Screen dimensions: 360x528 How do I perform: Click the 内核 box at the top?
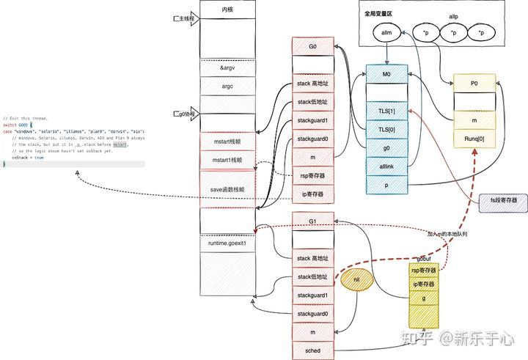point(227,10)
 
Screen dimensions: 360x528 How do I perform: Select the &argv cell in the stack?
point(227,67)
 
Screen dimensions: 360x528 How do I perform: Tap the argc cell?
point(227,86)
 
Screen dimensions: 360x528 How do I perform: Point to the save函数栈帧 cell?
point(227,189)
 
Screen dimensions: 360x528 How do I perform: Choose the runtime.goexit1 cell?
point(227,242)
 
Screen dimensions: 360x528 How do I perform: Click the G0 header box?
point(312,45)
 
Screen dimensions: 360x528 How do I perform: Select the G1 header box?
point(312,221)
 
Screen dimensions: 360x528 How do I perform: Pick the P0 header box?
point(474,84)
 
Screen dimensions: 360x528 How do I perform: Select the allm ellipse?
point(387,33)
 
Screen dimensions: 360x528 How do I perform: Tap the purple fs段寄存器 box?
point(503,199)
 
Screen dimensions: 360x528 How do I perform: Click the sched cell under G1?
point(312,350)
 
